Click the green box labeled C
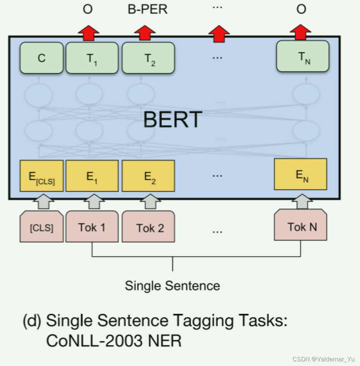pyautogui.click(x=41, y=58)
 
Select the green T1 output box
pyautogui.click(x=92, y=58)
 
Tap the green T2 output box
pyautogui.click(x=148, y=58)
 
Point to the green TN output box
pyautogui.click(x=303, y=56)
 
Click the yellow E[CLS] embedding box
pyautogui.click(x=41, y=176)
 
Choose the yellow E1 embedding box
pyautogui.click(x=92, y=176)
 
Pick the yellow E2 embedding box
pyautogui.click(x=148, y=176)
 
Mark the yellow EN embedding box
pyautogui.click(x=300, y=174)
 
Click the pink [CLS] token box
pyautogui.click(x=41, y=227)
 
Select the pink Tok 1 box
pyautogui.click(x=92, y=227)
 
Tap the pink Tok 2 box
pyautogui.click(x=148, y=227)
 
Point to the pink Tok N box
pyautogui.click(x=300, y=225)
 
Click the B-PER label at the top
pyautogui.click(x=148, y=9)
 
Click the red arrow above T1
pyautogui.click(x=88, y=33)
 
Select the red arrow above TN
pyautogui.click(x=300, y=32)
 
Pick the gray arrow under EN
pyautogui.click(x=301, y=202)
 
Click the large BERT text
pyautogui.click(x=172, y=119)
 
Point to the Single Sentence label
pyautogui.click(x=172, y=286)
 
